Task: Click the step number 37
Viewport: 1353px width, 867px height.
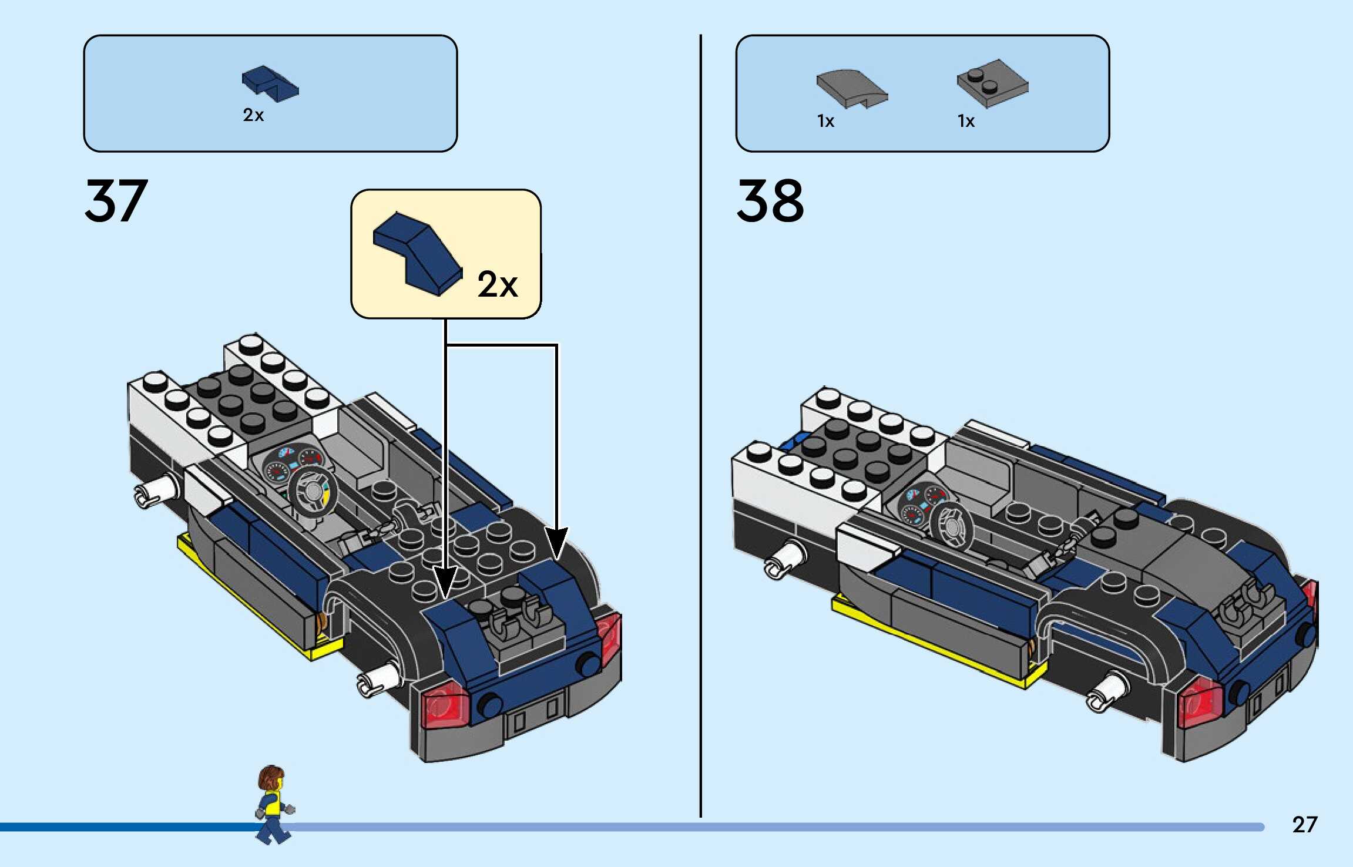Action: click(x=116, y=201)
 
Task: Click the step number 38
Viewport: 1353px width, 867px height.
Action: click(x=770, y=201)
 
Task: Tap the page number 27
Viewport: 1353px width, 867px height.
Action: click(x=1304, y=825)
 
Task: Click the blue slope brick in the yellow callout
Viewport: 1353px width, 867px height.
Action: click(x=417, y=253)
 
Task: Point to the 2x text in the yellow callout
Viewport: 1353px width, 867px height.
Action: click(x=497, y=284)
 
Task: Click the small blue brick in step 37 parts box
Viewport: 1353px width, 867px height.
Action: click(x=270, y=83)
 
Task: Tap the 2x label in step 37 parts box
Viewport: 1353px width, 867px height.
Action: click(x=253, y=115)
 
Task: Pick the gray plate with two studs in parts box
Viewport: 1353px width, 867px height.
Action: click(x=992, y=83)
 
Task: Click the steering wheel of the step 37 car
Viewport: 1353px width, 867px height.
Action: click(x=313, y=492)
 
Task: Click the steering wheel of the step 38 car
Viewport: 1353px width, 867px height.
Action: click(x=951, y=526)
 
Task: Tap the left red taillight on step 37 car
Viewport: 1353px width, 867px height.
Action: click(x=445, y=705)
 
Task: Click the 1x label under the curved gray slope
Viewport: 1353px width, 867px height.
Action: click(x=825, y=122)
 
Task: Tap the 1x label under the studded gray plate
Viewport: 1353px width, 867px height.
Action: click(x=966, y=122)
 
